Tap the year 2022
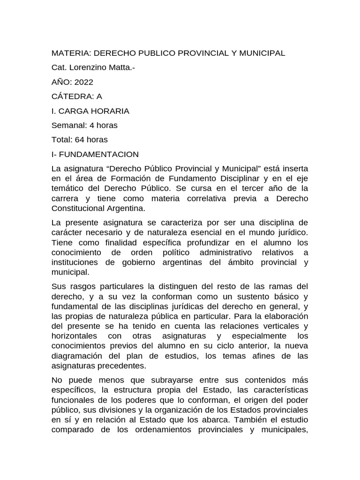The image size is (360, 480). click(81, 82)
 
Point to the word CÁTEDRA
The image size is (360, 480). click(73, 96)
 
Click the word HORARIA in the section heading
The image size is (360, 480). click(110, 111)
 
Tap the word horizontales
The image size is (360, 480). click(74, 336)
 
